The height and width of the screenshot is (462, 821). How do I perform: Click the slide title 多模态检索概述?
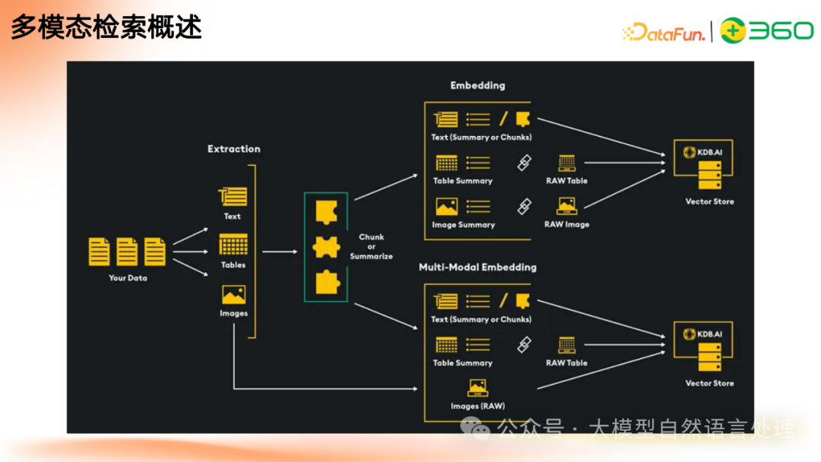pyautogui.click(x=106, y=27)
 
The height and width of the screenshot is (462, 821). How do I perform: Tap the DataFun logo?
pyautogui.click(x=664, y=33)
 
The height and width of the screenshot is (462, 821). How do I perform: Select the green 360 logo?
pyautogui.click(x=766, y=30)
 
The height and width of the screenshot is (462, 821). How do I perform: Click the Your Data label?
pyautogui.click(x=128, y=278)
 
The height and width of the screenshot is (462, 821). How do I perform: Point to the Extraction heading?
pyautogui.click(x=233, y=149)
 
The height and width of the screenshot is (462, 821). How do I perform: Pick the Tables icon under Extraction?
pyautogui.click(x=233, y=245)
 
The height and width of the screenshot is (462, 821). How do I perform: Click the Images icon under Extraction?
pyautogui.click(x=233, y=295)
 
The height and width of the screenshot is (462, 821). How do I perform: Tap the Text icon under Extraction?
pyautogui.click(x=233, y=197)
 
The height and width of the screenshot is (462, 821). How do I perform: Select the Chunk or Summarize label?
pyautogui.click(x=371, y=246)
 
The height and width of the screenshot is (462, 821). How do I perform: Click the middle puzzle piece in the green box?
pyautogui.click(x=326, y=248)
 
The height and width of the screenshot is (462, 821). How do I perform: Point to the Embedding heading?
pyautogui.click(x=477, y=85)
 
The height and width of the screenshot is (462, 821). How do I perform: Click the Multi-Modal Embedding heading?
pyautogui.click(x=477, y=267)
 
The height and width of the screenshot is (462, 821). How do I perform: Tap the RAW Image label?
pyautogui.click(x=566, y=224)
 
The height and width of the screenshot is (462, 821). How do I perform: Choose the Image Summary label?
pyautogui.click(x=464, y=225)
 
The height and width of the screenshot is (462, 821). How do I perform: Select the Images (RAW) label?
pyautogui.click(x=477, y=406)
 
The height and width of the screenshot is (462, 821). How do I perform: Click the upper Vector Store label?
pyautogui.click(x=709, y=201)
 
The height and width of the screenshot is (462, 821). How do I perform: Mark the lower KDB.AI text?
pyautogui.click(x=709, y=334)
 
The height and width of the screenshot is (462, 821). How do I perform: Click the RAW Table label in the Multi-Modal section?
pyautogui.click(x=566, y=362)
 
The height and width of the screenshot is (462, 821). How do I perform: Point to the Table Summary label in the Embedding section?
pyautogui.click(x=463, y=181)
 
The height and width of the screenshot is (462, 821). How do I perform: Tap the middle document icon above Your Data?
pyautogui.click(x=127, y=252)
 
